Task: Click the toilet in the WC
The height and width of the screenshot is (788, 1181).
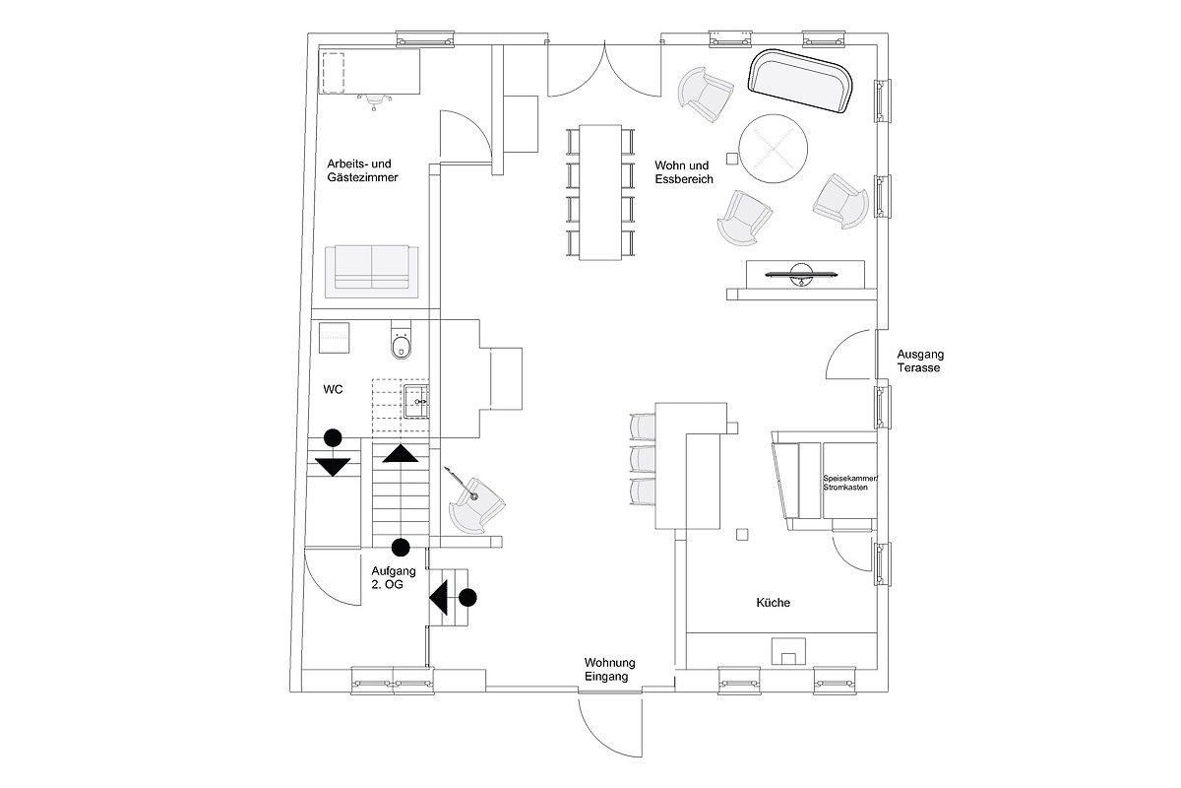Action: pos(402,340)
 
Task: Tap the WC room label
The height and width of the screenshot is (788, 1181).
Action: pos(334,389)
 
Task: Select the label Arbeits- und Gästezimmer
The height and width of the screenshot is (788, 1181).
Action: pos(362,170)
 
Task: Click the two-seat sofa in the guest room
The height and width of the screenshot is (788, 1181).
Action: pos(372,271)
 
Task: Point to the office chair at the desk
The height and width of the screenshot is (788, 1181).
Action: pos(374,100)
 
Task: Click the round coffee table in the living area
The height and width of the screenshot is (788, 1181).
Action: pos(773,149)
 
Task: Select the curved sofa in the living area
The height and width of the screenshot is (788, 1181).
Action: pos(800,80)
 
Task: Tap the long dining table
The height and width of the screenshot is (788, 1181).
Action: pos(600,192)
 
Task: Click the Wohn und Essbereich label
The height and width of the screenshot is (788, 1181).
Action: pos(684,172)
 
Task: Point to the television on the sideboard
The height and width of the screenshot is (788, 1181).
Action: pos(801,274)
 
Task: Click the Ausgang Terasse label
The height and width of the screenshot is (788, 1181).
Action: pos(920,361)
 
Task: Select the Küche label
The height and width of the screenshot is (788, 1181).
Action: pos(773,603)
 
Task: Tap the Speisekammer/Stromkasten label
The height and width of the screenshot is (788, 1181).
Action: pos(850,483)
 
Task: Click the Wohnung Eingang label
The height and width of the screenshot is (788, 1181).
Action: pos(609,669)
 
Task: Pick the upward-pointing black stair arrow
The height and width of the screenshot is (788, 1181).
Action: pos(401,453)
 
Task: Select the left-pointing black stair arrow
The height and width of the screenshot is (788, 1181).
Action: pos(439,598)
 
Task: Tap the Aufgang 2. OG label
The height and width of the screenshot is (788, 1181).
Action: pos(394,577)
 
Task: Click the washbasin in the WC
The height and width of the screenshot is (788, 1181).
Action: pos(416,402)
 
